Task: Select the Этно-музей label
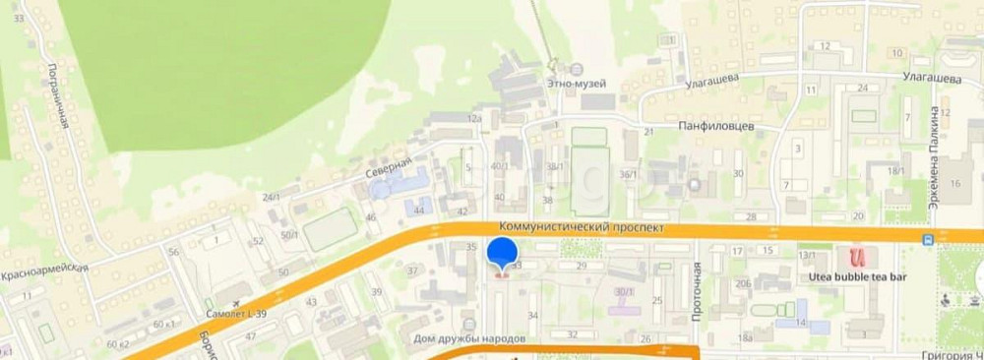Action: (577, 84)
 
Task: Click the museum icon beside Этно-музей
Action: (577, 69)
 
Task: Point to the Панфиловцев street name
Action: (716, 125)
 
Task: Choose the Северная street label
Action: (390, 167)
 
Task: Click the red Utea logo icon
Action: (857, 258)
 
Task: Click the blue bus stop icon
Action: (927, 239)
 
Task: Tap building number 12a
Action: (475, 118)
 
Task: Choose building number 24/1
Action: (272, 197)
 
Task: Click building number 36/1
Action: (627, 174)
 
